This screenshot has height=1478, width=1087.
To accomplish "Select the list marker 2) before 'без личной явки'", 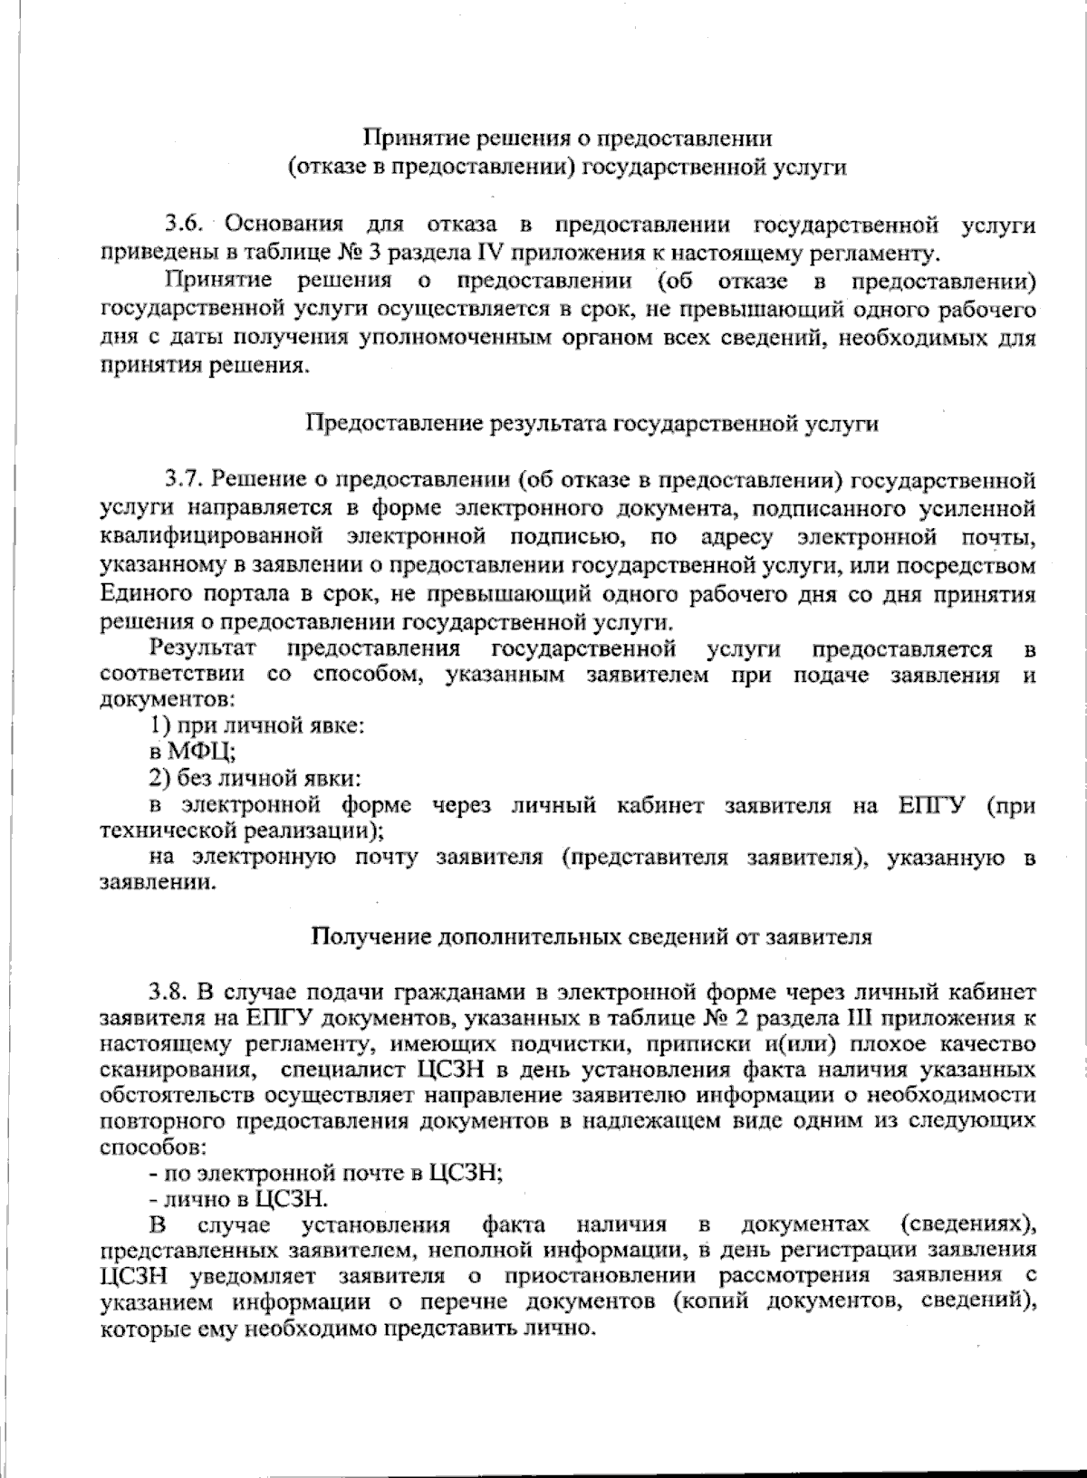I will [160, 777].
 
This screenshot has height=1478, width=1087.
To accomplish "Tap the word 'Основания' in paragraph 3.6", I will [283, 224].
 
